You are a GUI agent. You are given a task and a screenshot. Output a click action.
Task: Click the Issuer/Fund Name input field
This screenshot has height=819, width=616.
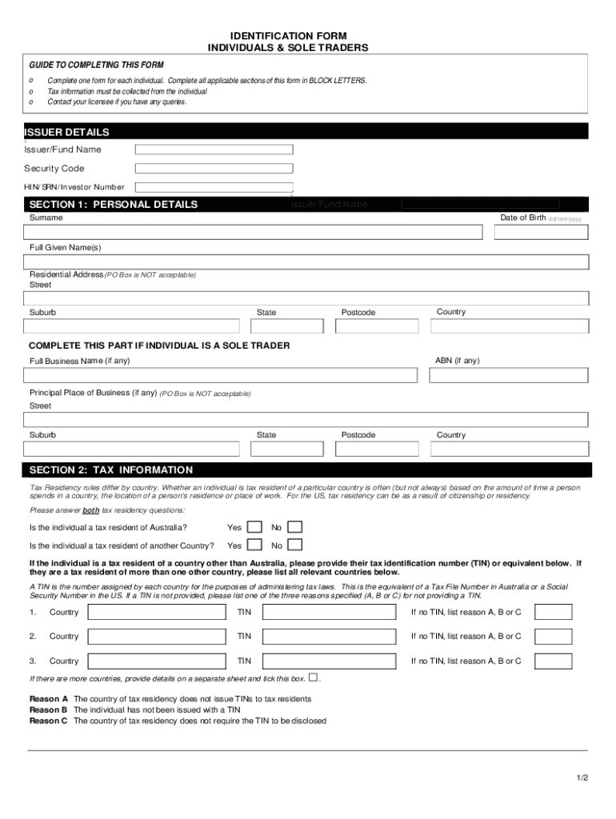coord(214,150)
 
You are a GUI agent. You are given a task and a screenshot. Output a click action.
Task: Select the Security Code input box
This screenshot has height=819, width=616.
coord(214,169)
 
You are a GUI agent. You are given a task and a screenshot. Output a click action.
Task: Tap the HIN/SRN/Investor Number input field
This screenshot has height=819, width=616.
coord(214,187)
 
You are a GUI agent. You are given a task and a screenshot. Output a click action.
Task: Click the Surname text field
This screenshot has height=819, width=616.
coord(253,232)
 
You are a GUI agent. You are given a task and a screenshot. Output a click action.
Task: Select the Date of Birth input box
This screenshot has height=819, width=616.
coord(542,232)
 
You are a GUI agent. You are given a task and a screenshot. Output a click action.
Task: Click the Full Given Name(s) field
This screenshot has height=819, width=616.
coord(306,262)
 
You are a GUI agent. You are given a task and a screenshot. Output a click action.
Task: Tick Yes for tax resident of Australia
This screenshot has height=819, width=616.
coord(254,527)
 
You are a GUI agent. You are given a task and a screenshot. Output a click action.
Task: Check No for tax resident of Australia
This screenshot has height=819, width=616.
coord(294,527)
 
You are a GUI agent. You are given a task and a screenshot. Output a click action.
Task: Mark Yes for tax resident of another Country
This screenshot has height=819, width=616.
coord(254,545)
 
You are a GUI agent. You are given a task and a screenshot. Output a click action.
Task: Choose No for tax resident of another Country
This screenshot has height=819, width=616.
coord(294,545)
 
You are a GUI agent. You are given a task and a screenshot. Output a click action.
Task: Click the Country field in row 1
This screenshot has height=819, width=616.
coord(157,612)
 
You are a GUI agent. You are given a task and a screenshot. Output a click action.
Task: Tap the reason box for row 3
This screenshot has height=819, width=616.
coord(553,661)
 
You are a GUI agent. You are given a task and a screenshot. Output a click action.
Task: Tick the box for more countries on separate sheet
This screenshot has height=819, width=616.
coord(313,677)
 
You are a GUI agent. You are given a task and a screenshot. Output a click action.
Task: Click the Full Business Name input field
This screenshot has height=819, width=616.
coord(221,375)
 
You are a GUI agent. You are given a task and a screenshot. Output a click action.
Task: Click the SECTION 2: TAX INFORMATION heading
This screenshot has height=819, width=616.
coord(111,469)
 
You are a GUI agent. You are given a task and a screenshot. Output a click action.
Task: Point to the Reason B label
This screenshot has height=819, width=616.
coord(48,709)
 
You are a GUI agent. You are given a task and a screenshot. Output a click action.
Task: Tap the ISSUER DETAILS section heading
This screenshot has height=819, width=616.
coord(67,132)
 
